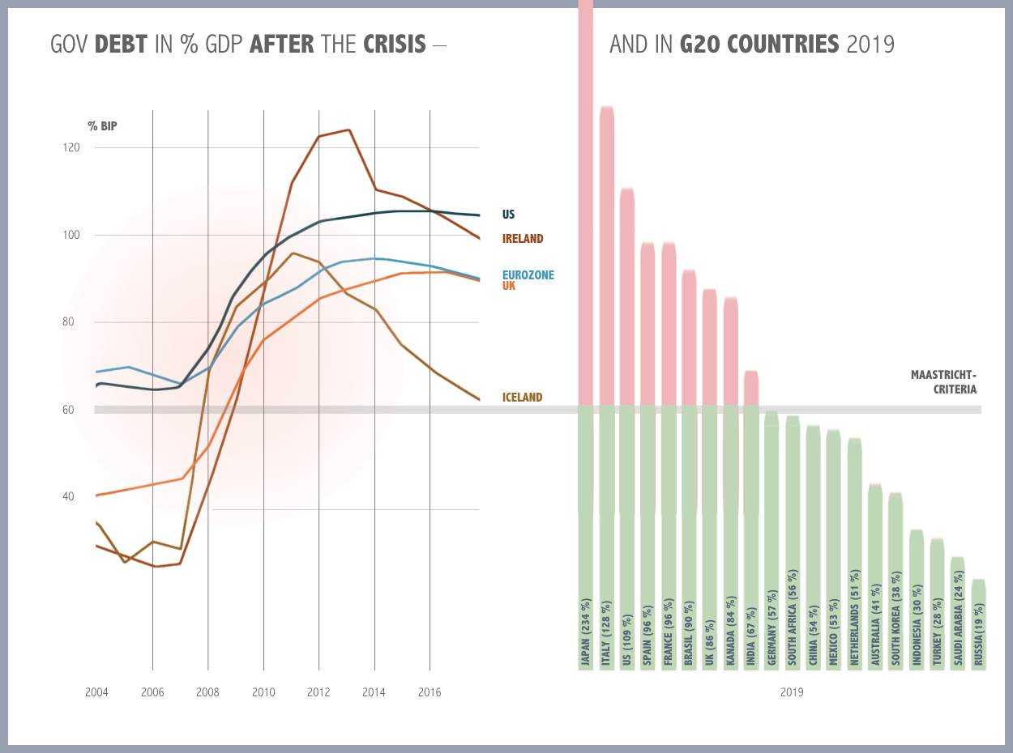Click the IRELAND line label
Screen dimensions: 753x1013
523,239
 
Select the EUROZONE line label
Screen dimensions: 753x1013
528,275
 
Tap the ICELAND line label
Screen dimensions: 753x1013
522,398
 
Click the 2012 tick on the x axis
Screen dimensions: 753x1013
318,692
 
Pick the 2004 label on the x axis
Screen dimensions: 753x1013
96,692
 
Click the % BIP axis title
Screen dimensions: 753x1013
103,126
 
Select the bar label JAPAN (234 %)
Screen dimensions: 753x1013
585,632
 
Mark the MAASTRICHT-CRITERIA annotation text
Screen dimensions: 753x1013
943,381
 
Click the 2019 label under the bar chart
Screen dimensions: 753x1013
792,692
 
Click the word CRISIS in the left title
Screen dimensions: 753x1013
394,44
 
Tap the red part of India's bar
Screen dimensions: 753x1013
751,389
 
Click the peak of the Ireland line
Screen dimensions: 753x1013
348,130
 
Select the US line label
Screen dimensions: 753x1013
508,215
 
